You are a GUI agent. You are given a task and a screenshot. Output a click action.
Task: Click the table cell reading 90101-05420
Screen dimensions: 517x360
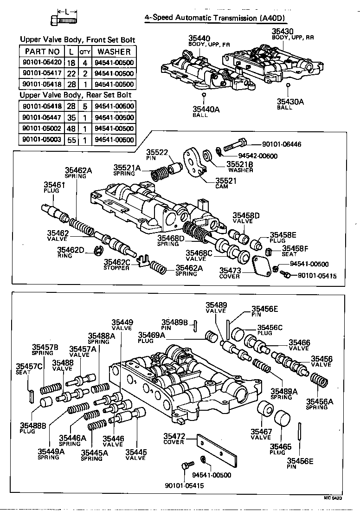(41, 63)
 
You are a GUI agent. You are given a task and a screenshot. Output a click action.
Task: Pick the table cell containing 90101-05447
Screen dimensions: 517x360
(41, 117)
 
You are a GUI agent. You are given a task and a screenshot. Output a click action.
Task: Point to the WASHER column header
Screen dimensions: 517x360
(114, 52)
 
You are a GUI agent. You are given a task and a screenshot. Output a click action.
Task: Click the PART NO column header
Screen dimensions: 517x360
(42, 52)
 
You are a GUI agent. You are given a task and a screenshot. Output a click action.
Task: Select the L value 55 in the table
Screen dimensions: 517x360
(71, 140)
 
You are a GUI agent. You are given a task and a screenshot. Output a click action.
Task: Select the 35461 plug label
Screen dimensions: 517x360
(54, 184)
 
